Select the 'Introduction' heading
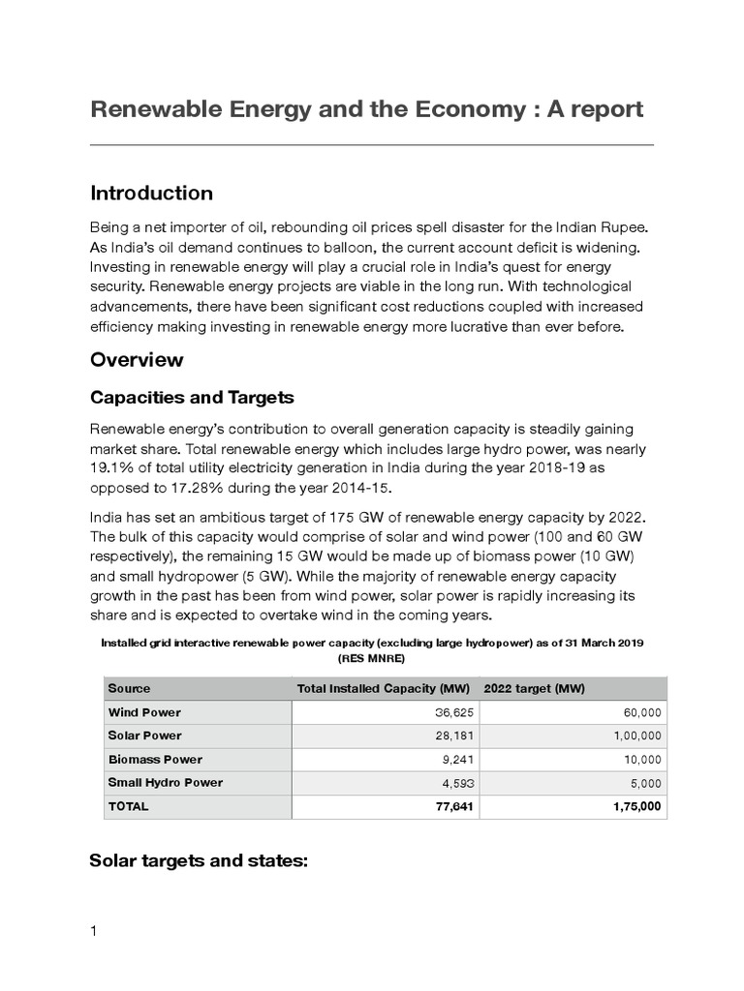point(151,193)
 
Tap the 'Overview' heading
point(137,360)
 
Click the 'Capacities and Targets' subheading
point(192,398)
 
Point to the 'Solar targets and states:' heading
point(198,859)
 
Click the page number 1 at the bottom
point(94,932)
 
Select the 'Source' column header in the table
point(130,688)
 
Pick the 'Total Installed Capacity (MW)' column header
point(383,688)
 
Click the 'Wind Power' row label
point(144,712)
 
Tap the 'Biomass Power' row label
point(155,760)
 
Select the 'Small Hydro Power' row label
point(166,783)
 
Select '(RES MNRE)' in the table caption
point(372,657)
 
